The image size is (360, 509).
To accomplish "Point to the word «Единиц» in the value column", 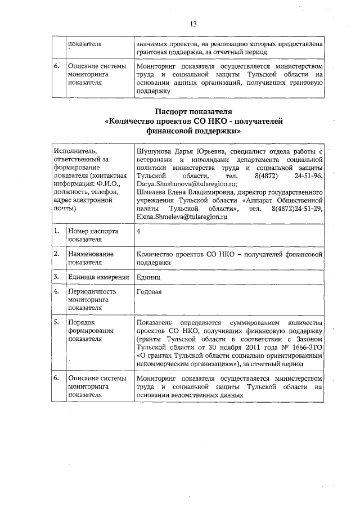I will pos(149,277).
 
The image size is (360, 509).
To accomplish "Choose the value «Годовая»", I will pos(149,292).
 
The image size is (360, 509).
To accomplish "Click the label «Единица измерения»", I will pos(95,277).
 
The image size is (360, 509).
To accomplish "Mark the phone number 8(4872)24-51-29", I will pos(295,208).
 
